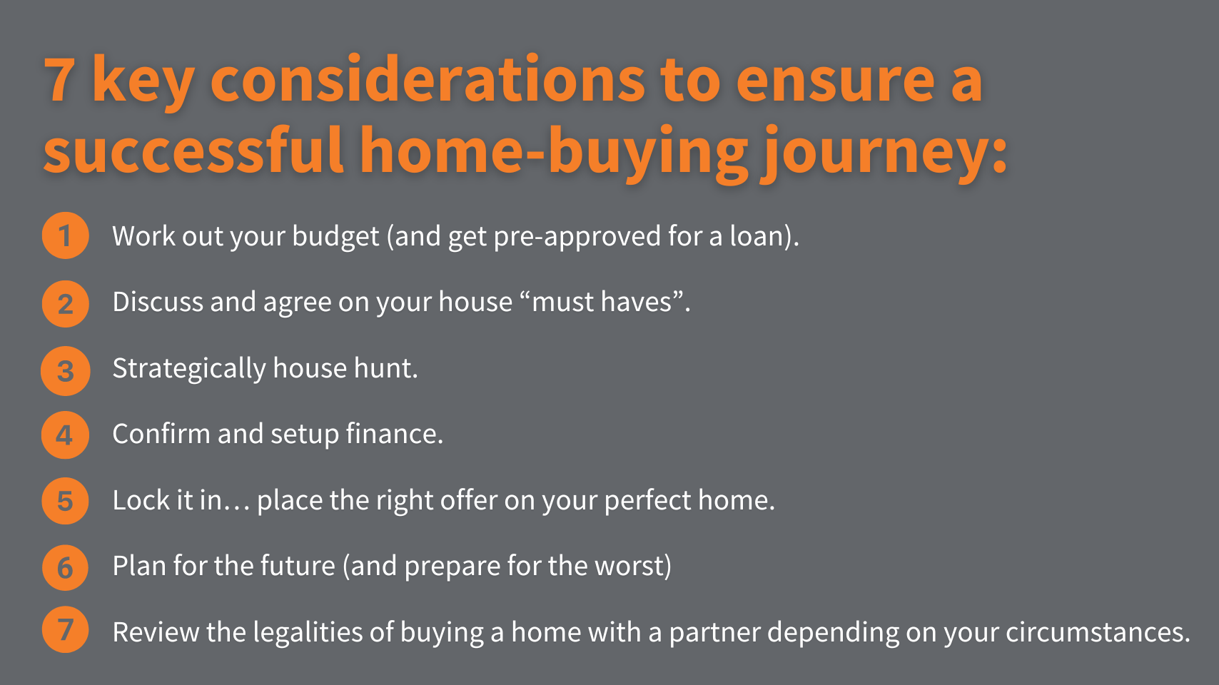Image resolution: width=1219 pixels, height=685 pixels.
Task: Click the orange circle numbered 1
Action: pos(66,235)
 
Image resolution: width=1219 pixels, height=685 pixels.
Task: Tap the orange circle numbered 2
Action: pos(66,303)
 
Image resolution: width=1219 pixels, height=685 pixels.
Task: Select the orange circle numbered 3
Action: pos(66,370)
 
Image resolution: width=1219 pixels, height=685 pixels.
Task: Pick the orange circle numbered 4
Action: pos(66,435)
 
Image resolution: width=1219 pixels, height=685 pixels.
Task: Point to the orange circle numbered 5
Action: pos(66,501)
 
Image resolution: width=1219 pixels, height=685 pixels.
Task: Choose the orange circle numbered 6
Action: pos(66,567)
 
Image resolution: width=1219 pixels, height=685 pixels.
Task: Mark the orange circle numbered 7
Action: pos(66,629)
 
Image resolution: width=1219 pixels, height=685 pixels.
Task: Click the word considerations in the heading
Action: pos(428,79)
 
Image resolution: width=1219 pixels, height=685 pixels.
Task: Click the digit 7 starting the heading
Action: pos(59,79)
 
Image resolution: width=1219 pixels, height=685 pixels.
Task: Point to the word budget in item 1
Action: pos(335,237)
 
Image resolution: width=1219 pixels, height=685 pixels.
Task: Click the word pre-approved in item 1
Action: pos(577,237)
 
